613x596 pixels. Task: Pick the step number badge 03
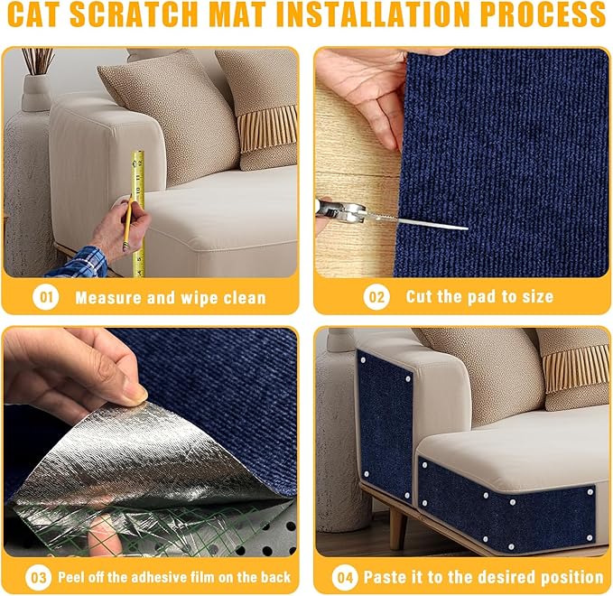pos(35,576)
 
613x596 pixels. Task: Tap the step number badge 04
pos(344,576)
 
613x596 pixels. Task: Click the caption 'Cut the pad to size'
pos(479,296)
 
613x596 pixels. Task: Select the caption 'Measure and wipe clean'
pos(171,297)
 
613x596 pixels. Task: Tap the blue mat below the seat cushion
pos(506,506)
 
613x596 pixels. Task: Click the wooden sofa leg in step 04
pos(395,533)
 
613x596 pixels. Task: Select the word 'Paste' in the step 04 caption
pos(385,576)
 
